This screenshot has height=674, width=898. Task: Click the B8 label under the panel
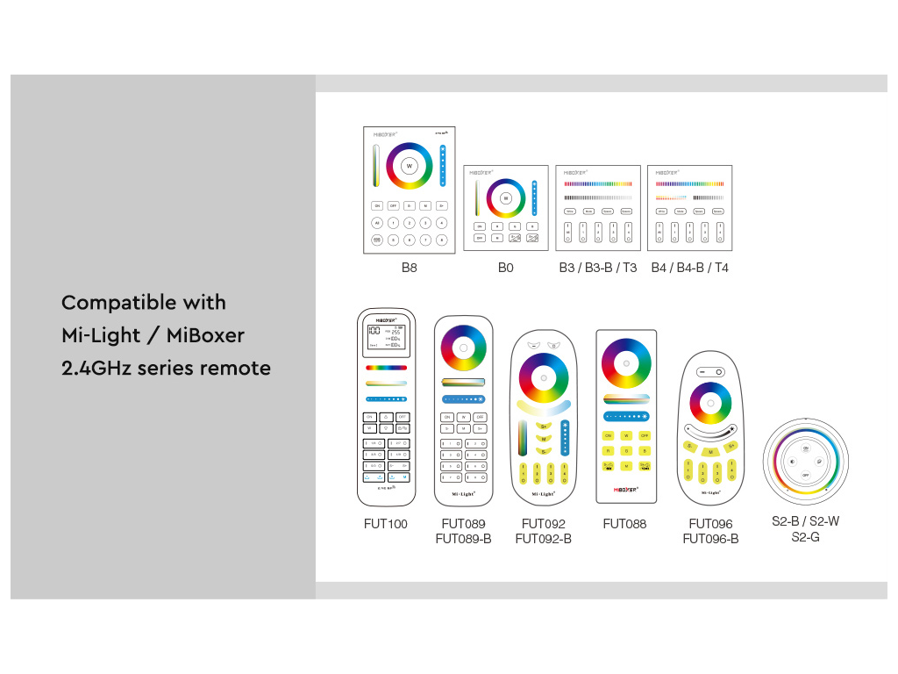(x=409, y=268)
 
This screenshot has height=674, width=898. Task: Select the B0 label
(x=505, y=268)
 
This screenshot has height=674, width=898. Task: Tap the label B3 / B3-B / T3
(x=598, y=268)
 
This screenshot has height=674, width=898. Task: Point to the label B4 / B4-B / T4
(x=689, y=268)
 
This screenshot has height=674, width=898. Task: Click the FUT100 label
(x=386, y=524)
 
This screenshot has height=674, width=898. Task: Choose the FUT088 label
(x=624, y=524)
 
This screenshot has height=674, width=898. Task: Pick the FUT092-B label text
(x=543, y=539)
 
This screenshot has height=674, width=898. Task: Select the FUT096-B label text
(x=710, y=539)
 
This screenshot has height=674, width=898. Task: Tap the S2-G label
(x=805, y=536)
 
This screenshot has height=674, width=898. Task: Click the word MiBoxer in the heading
(x=205, y=335)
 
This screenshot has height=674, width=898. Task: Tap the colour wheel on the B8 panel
(x=409, y=166)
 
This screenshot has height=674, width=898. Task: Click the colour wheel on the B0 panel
(x=506, y=198)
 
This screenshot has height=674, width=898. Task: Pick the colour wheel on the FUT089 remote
(x=463, y=348)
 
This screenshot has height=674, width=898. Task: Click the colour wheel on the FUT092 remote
(x=543, y=378)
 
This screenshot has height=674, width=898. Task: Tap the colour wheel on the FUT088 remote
(x=626, y=362)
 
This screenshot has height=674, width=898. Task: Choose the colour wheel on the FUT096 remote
(x=710, y=404)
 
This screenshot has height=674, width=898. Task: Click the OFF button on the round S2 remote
(x=805, y=475)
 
